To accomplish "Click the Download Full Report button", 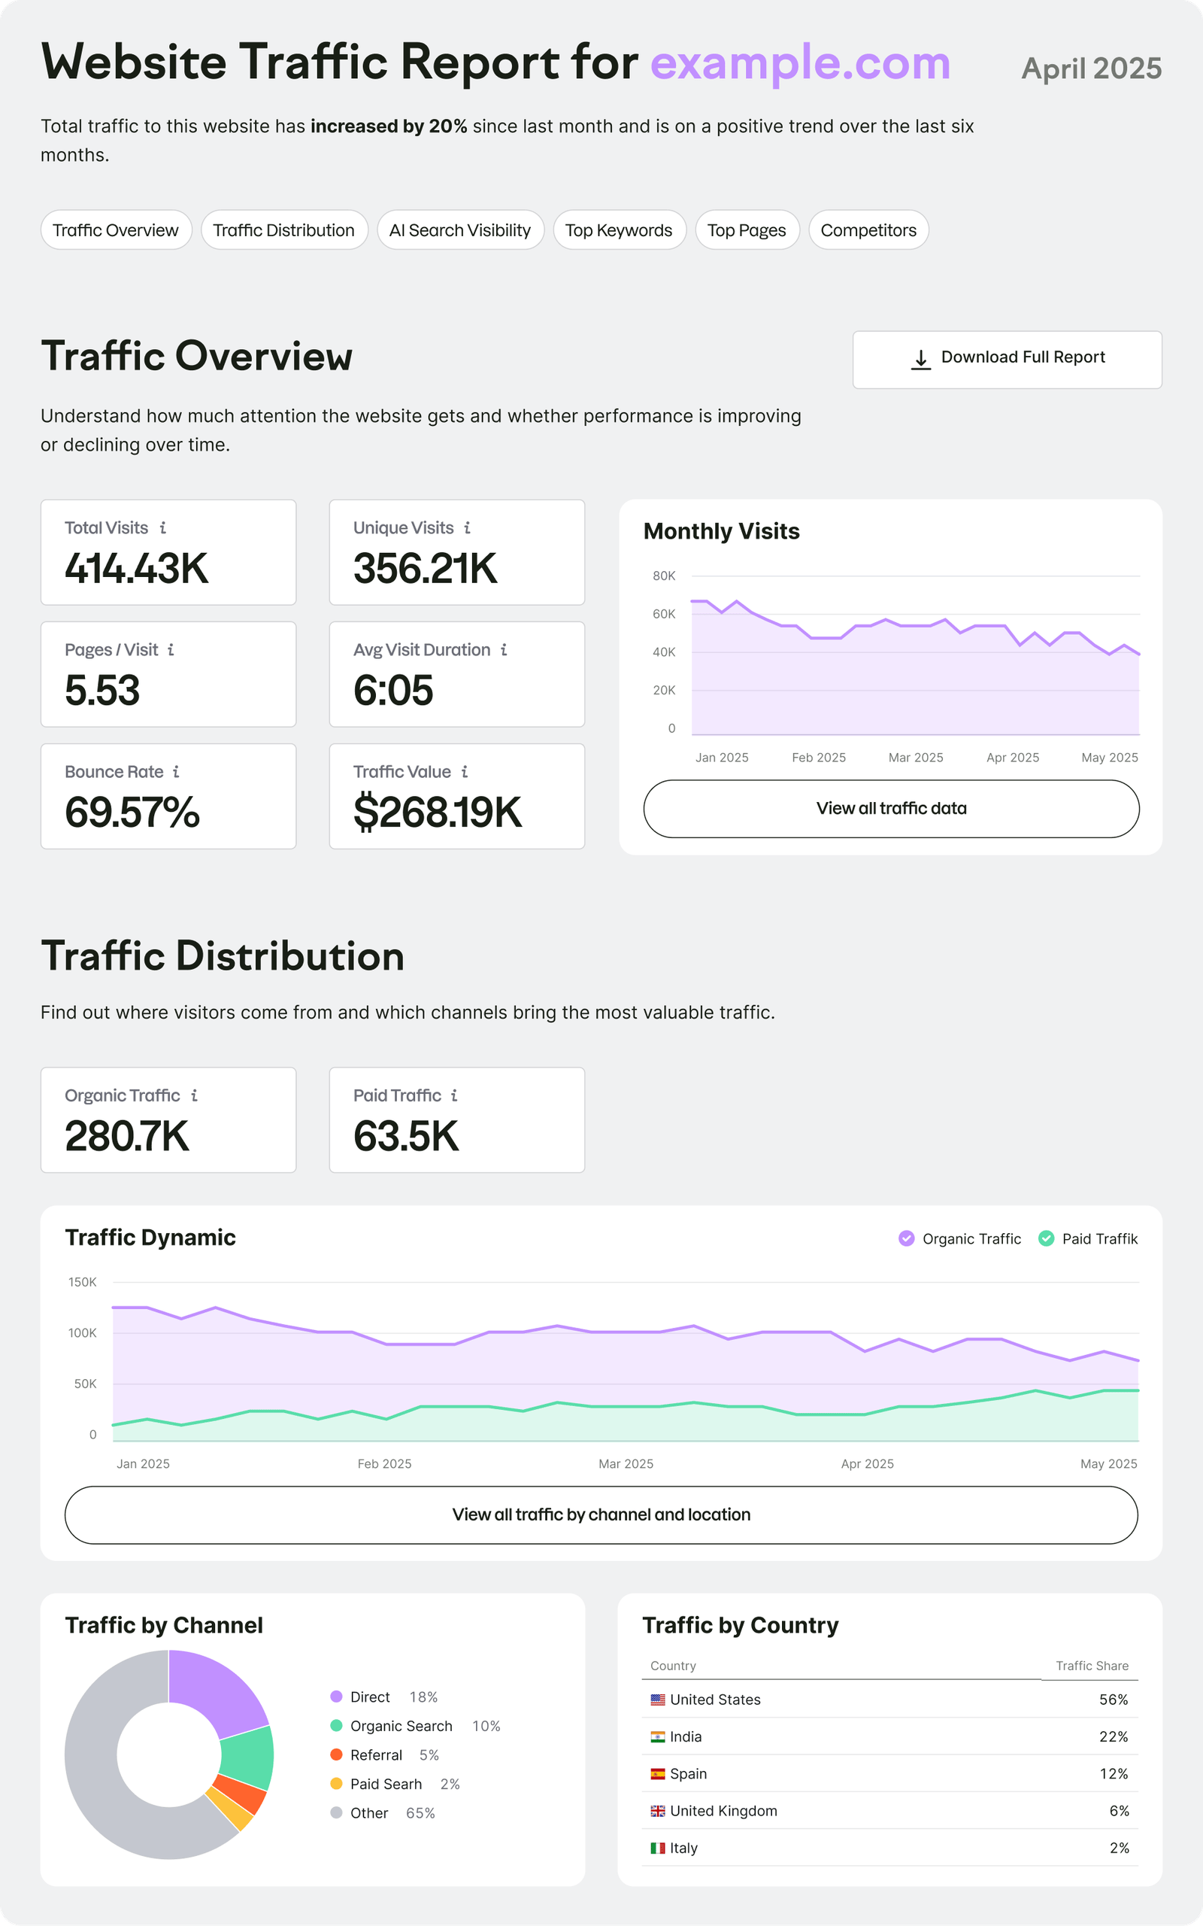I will tap(1007, 359).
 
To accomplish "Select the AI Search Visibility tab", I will tap(460, 230).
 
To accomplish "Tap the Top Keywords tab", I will tap(619, 230).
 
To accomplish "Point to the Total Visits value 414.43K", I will tap(136, 568).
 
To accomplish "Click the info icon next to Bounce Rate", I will tap(176, 771).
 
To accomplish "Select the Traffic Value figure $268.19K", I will tap(437, 812).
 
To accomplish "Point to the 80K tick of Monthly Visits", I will tap(664, 576).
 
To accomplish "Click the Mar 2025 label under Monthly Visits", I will tap(915, 757).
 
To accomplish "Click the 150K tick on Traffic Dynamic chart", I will tap(82, 1281).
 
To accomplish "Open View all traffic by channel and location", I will tap(601, 1514).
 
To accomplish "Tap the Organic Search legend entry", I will tap(400, 1725).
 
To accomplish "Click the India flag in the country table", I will tap(657, 1736).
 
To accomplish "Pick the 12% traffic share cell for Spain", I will tap(1113, 1773).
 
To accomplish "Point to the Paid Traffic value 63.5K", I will tap(406, 1136).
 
